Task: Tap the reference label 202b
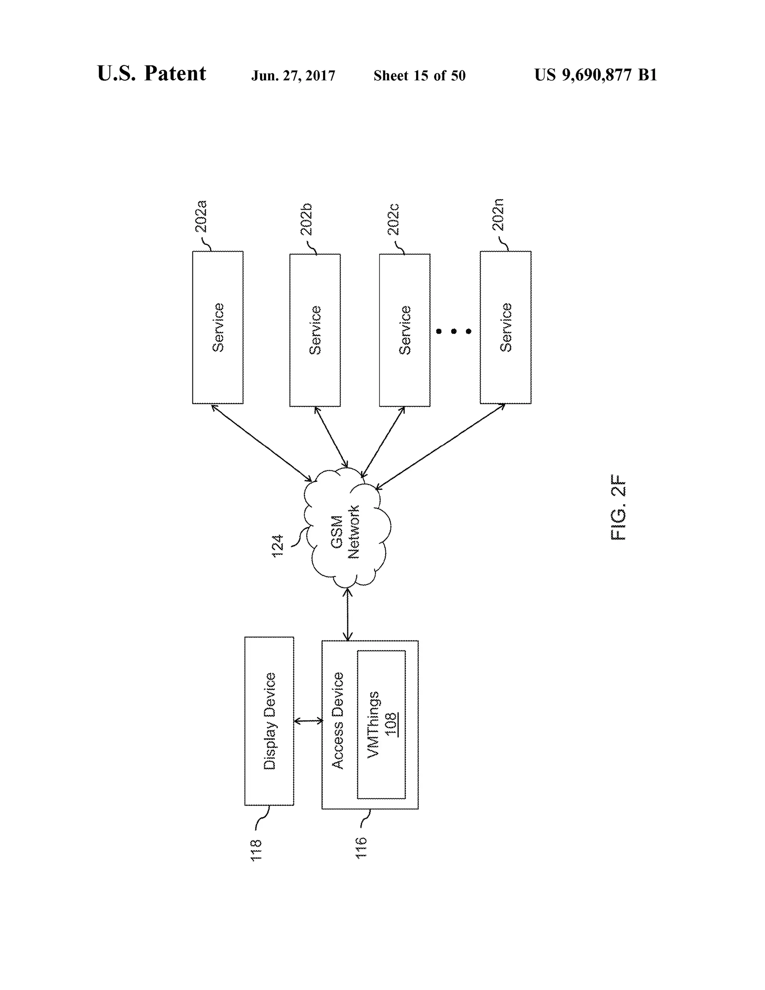(x=307, y=219)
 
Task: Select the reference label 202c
(x=393, y=219)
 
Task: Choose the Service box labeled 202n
(x=505, y=327)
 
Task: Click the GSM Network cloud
(x=347, y=528)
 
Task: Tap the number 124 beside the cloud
(x=278, y=546)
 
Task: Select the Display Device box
(x=269, y=721)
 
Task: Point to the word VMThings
(x=373, y=724)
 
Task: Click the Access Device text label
(x=338, y=721)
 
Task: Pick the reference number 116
(x=361, y=848)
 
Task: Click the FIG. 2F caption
(x=618, y=507)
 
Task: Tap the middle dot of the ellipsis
(x=453, y=331)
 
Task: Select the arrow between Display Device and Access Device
(x=308, y=721)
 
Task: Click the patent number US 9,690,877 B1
(x=595, y=75)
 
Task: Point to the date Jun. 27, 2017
(x=293, y=76)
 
